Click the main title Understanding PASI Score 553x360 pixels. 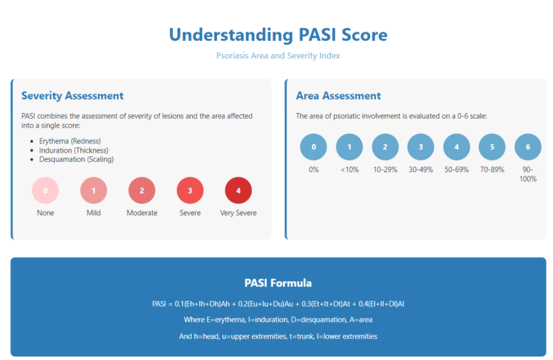[x=278, y=34]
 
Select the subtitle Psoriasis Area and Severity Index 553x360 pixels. [x=278, y=55]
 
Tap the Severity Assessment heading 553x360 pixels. [x=72, y=96]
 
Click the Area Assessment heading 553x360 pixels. [x=338, y=96]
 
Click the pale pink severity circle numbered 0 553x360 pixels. [x=45, y=191]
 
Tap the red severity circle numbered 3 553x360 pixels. [x=190, y=191]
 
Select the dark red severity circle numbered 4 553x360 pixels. [x=238, y=191]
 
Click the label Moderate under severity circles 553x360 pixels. [x=142, y=212]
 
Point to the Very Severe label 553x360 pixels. [x=238, y=212]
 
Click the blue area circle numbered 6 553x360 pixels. [x=529, y=147]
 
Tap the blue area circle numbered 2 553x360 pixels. [x=385, y=147]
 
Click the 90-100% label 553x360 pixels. [x=529, y=174]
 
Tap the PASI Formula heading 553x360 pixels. [x=278, y=283]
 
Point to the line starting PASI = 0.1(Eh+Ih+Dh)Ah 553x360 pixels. [x=278, y=304]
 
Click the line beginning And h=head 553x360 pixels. [x=278, y=336]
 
